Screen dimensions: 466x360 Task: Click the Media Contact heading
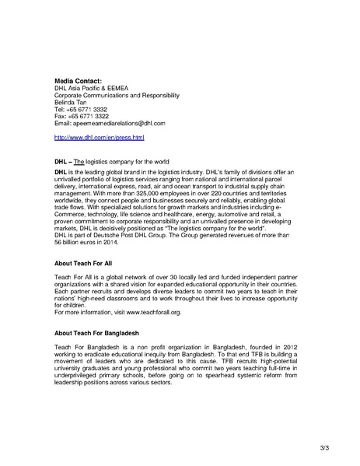(x=79, y=81)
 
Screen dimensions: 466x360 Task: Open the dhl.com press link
(x=100, y=137)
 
